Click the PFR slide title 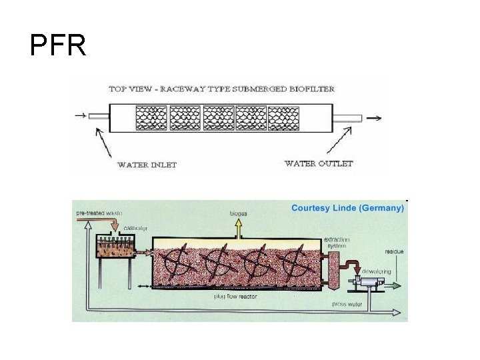point(58,45)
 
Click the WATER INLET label point(147,165)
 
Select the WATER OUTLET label point(319,163)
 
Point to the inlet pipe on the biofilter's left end point(99,117)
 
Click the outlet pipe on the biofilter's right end point(347,118)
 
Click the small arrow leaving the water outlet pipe point(374,118)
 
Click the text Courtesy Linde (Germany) point(347,208)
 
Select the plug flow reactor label point(235,296)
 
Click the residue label point(393,251)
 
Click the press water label point(347,304)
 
